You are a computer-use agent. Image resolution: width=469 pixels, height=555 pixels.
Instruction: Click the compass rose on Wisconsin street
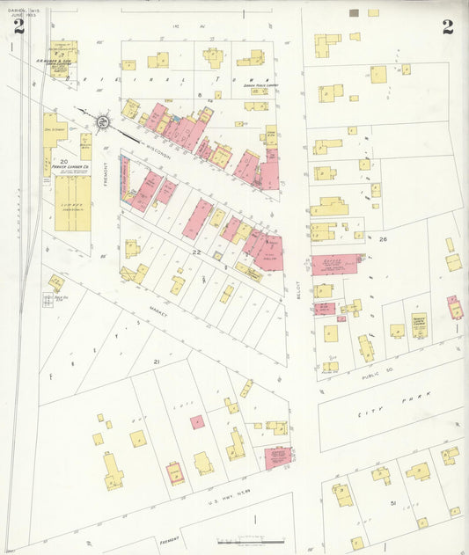[104, 122]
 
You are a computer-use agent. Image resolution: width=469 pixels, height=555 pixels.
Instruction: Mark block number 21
[157, 361]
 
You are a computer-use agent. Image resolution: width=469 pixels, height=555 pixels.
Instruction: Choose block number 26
[383, 237]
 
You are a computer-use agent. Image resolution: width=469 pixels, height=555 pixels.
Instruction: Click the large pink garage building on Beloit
[335, 264]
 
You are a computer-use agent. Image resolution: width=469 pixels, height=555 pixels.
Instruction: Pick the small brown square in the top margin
[354, 13]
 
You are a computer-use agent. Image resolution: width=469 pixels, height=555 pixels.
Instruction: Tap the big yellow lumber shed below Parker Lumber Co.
[72, 202]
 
